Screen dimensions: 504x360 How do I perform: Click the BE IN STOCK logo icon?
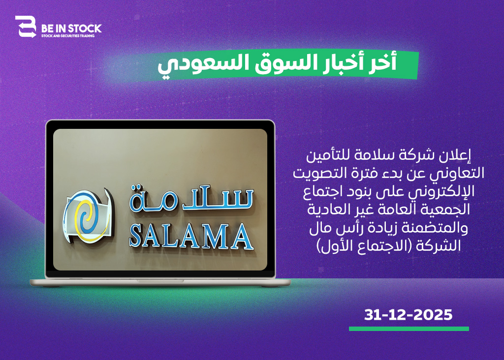coord(26,27)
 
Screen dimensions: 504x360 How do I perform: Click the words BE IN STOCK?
coord(71,29)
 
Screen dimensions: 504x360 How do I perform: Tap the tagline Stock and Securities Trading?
coord(68,36)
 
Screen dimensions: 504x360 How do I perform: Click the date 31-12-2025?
coord(408,315)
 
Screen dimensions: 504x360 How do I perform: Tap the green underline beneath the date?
coord(409,329)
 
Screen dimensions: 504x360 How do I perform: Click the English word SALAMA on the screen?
coord(191,237)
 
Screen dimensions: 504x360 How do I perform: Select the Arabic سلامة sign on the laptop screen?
coord(191,199)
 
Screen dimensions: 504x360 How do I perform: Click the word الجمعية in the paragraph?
coord(448,210)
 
